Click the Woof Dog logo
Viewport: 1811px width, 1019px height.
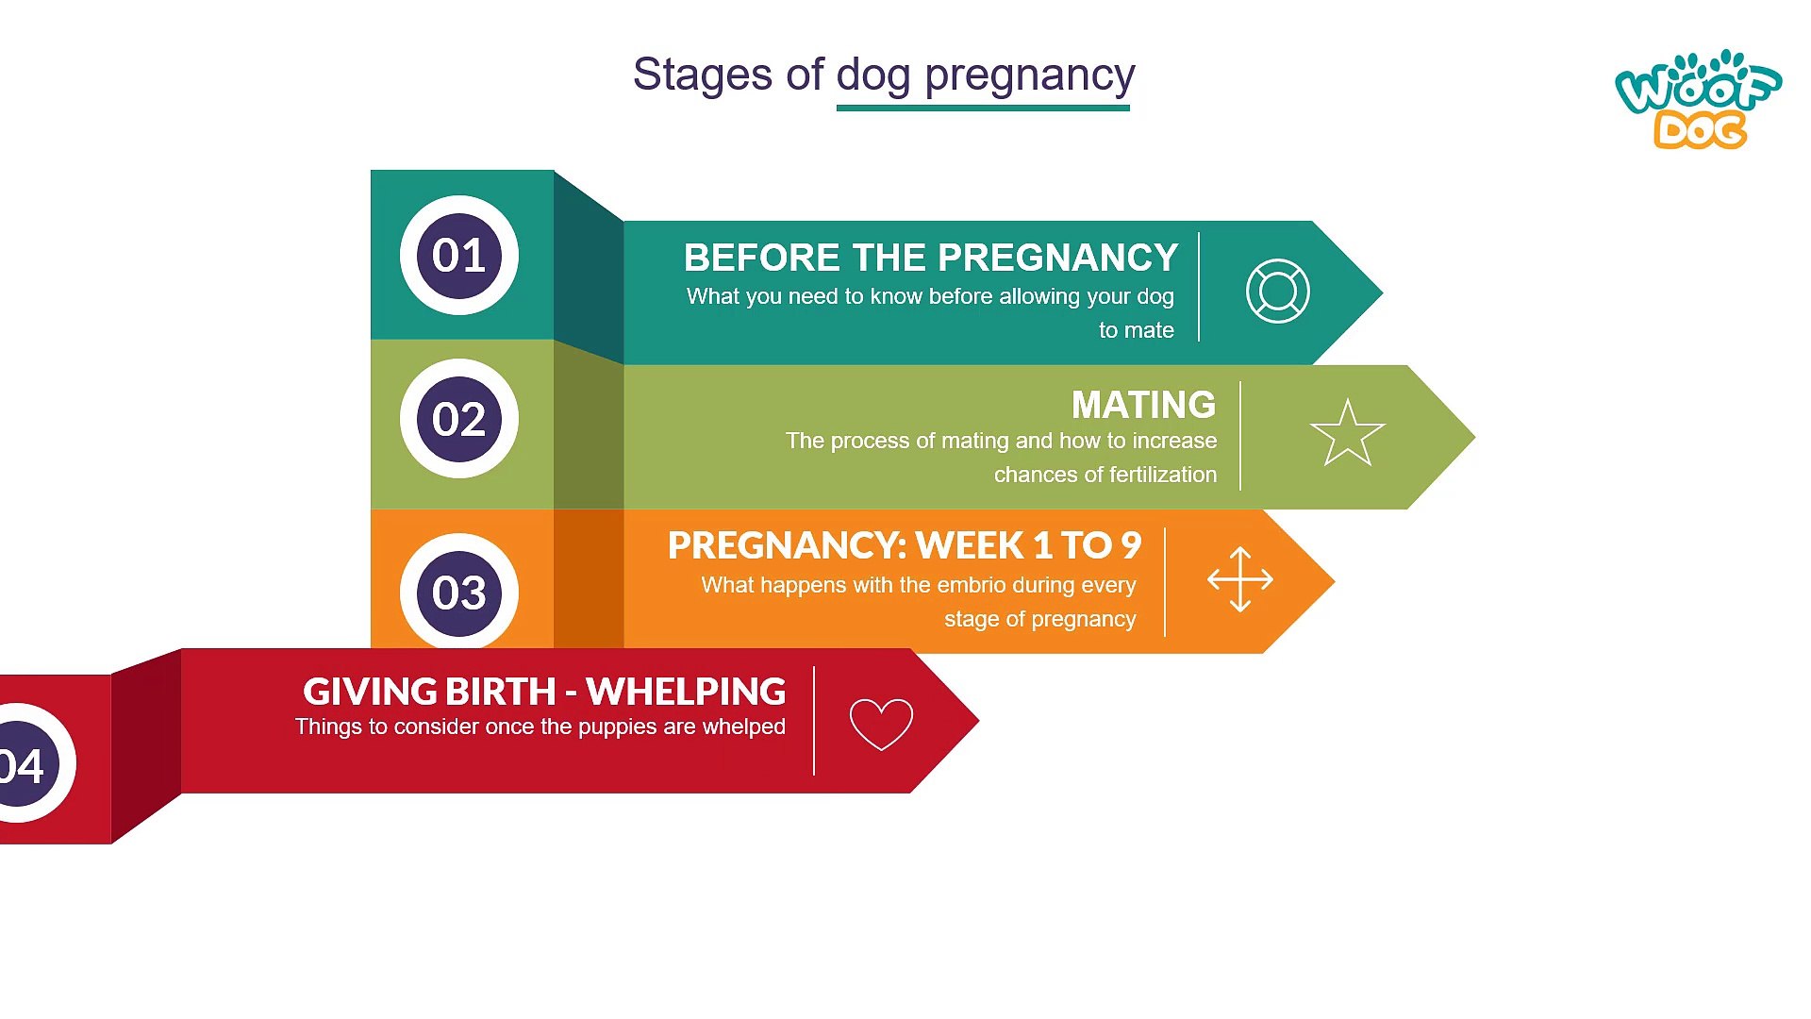1698,99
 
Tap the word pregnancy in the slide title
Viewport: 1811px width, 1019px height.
1030,75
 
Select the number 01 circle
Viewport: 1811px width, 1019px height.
459,255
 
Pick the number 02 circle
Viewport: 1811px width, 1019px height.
459,418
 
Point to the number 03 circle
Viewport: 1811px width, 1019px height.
459,592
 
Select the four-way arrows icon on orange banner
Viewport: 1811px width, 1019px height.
1240,579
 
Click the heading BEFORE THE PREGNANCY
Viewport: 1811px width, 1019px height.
931,257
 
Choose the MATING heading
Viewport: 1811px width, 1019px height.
1143,404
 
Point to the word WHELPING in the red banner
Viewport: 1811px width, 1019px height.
686,692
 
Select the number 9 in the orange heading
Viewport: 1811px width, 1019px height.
1131,545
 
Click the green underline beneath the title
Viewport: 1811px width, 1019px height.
983,108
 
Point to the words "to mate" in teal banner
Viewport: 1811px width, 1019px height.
1137,330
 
